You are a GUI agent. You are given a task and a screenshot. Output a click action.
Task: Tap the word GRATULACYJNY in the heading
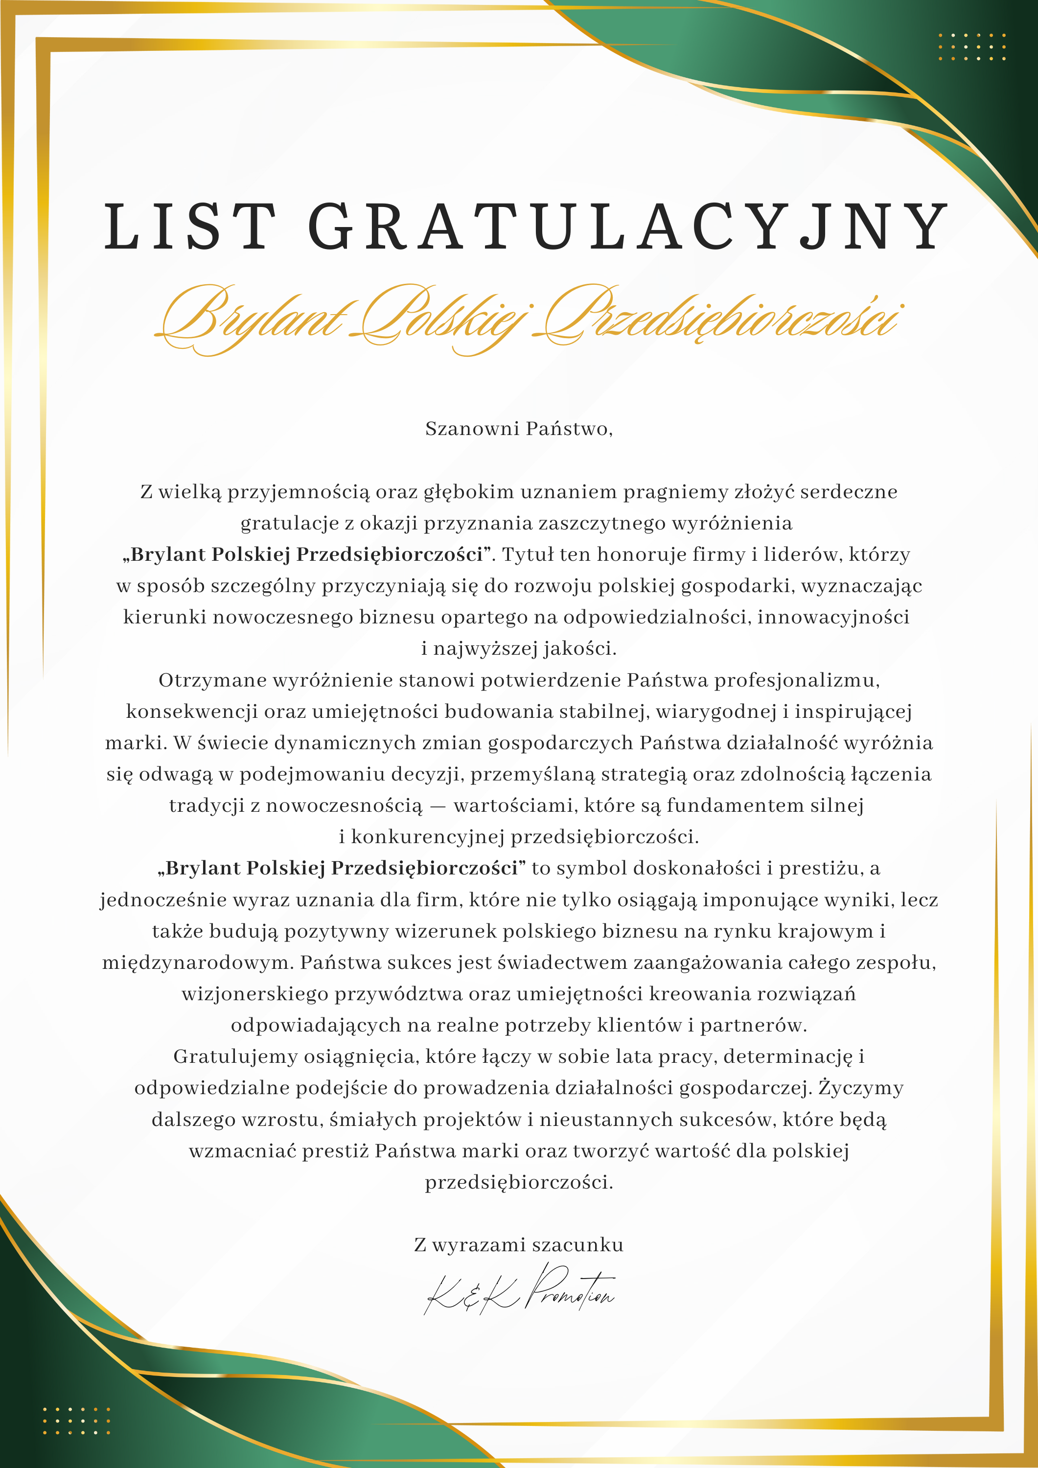(x=627, y=227)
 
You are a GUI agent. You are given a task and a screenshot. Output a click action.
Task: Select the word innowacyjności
(x=833, y=617)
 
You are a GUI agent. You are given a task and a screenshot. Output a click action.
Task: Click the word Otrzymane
(x=212, y=680)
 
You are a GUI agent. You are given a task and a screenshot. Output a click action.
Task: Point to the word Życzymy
(x=861, y=1088)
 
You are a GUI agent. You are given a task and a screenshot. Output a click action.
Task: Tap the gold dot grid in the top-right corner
(x=971, y=46)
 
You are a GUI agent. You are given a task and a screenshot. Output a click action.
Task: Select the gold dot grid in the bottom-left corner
(x=76, y=1421)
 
